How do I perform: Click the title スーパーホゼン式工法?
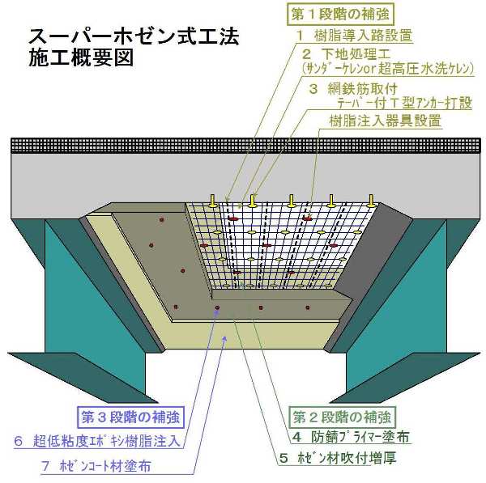coord(134,36)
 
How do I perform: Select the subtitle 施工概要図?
coord(81,57)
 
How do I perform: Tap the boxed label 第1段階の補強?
coord(340,15)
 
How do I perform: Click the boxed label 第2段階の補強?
coord(342,417)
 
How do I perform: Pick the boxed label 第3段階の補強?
coord(130,417)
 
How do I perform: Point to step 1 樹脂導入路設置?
coord(354,36)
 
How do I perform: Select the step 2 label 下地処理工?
coord(346,54)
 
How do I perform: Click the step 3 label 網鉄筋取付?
coord(353,89)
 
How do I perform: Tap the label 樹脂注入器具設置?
coord(385,121)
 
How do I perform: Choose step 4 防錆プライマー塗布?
coord(351,437)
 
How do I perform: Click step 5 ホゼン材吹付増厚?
coord(338,458)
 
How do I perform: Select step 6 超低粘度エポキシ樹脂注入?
coord(97,441)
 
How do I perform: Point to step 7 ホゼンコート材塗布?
coord(96,466)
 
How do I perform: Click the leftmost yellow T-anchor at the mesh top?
coord(212,201)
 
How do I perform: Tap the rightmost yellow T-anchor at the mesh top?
coord(371,201)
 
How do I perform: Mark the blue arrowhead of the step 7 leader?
coord(225,338)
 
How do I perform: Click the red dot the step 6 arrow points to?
coord(217,307)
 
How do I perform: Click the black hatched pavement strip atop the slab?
coord(245,146)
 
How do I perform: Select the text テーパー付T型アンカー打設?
coord(404,104)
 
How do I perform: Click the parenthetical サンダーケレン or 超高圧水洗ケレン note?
coord(387,69)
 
